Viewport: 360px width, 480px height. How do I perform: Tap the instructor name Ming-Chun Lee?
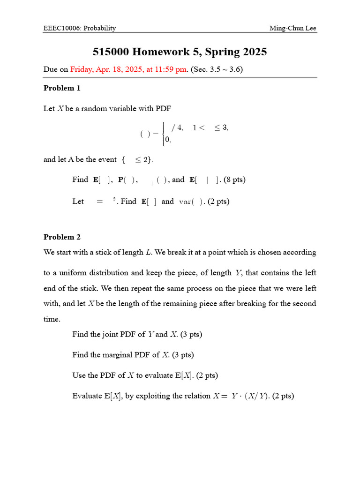pyautogui.click(x=292, y=28)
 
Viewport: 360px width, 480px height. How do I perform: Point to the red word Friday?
pyautogui.click(x=82, y=69)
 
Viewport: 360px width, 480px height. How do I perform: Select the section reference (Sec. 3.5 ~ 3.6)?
pyautogui.click(x=217, y=69)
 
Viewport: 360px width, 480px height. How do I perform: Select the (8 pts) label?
pyautogui.click(x=234, y=180)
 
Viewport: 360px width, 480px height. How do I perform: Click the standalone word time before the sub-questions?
pyautogui.click(x=52, y=319)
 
